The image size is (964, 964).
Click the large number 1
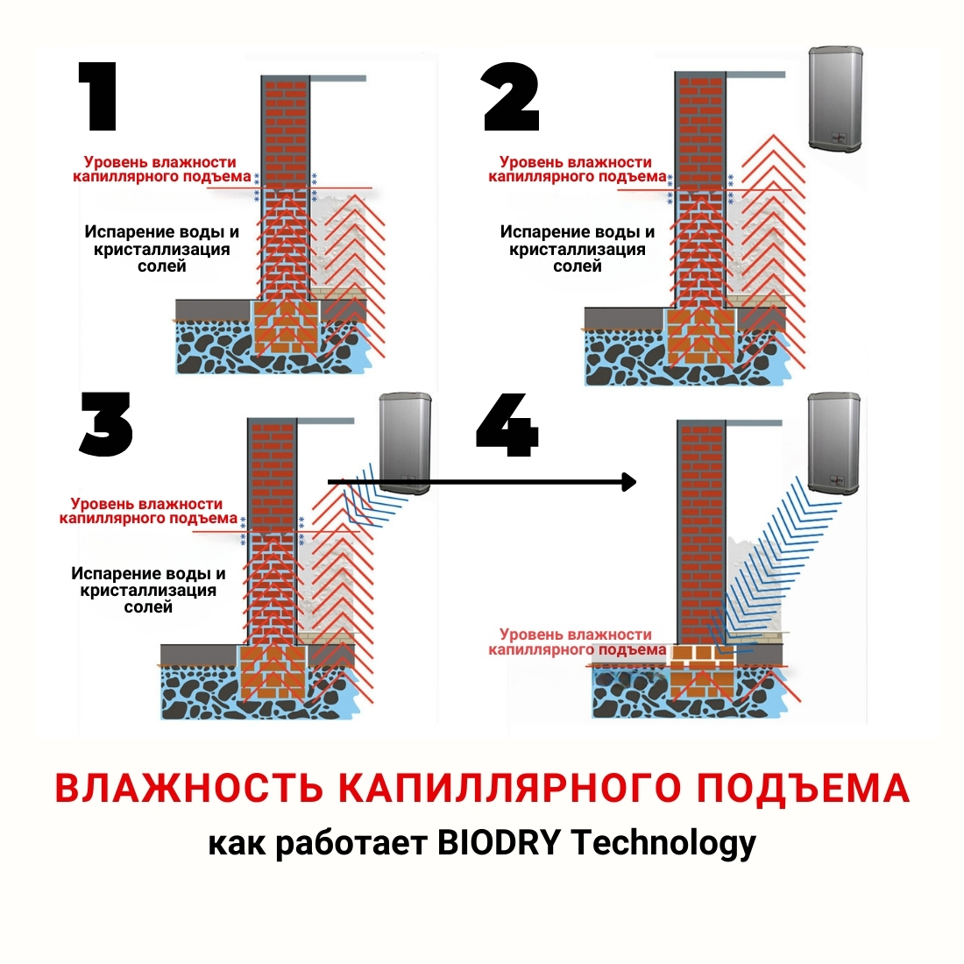coord(98,97)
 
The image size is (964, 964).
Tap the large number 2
coord(512,97)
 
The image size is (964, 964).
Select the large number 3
coord(107,424)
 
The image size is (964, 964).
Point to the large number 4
coord(507,426)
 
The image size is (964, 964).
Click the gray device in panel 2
coord(836,98)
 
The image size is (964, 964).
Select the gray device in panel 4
coord(833,443)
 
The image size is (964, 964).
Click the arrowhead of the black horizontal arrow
coord(627,481)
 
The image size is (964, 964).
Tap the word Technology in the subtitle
coord(663,844)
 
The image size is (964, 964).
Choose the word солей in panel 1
coord(162,266)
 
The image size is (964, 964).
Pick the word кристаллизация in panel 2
coord(578,250)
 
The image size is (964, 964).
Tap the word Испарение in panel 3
coord(110,574)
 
